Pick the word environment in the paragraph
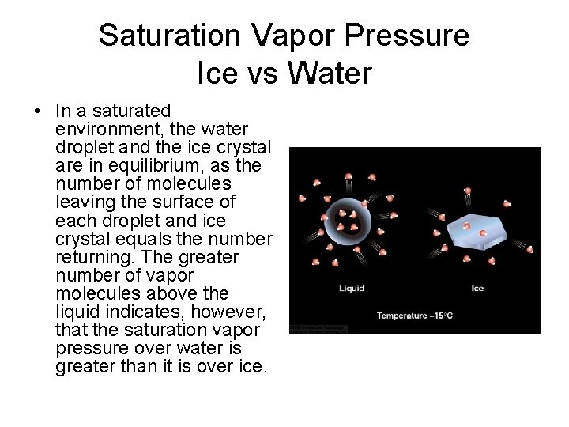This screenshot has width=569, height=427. click(x=104, y=128)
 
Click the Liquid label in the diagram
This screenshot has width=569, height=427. click(x=350, y=288)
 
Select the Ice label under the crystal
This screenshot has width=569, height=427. click(x=477, y=288)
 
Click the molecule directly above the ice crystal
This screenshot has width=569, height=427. click(x=468, y=192)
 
